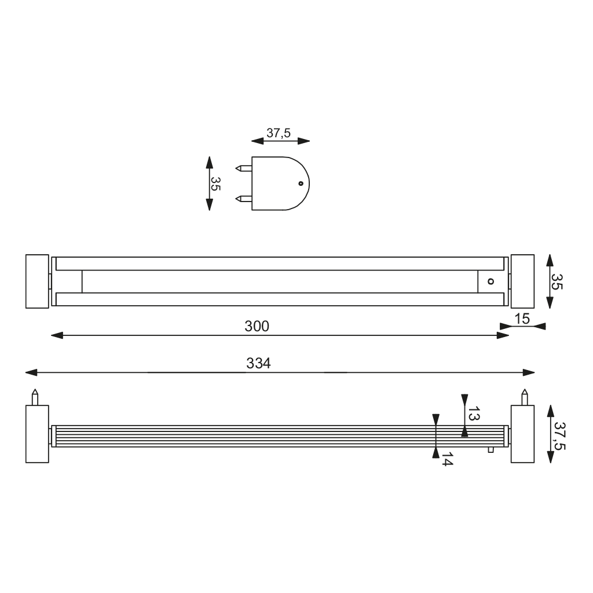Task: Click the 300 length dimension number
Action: (x=257, y=327)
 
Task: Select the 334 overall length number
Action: (x=259, y=364)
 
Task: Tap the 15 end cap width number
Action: (x=522, y=319)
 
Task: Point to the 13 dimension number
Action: (x=474, y=414)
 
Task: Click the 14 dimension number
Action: (x=446, y=460)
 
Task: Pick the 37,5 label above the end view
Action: (x=278, y=133)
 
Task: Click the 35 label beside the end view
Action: (x=215, y=184)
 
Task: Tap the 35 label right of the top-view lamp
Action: (x=557, y=281)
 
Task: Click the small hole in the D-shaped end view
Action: (x=301, y=184)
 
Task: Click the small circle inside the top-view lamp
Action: (x=490, y=281)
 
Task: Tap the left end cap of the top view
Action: (x=37, y=281)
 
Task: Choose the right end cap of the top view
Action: (x=522, y=281)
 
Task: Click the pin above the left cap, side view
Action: (x=35, y=397)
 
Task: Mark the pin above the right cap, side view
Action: (x=525, y=397)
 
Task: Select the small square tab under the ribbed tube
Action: (x=490, y=450)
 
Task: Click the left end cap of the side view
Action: (x=37, y=434)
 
